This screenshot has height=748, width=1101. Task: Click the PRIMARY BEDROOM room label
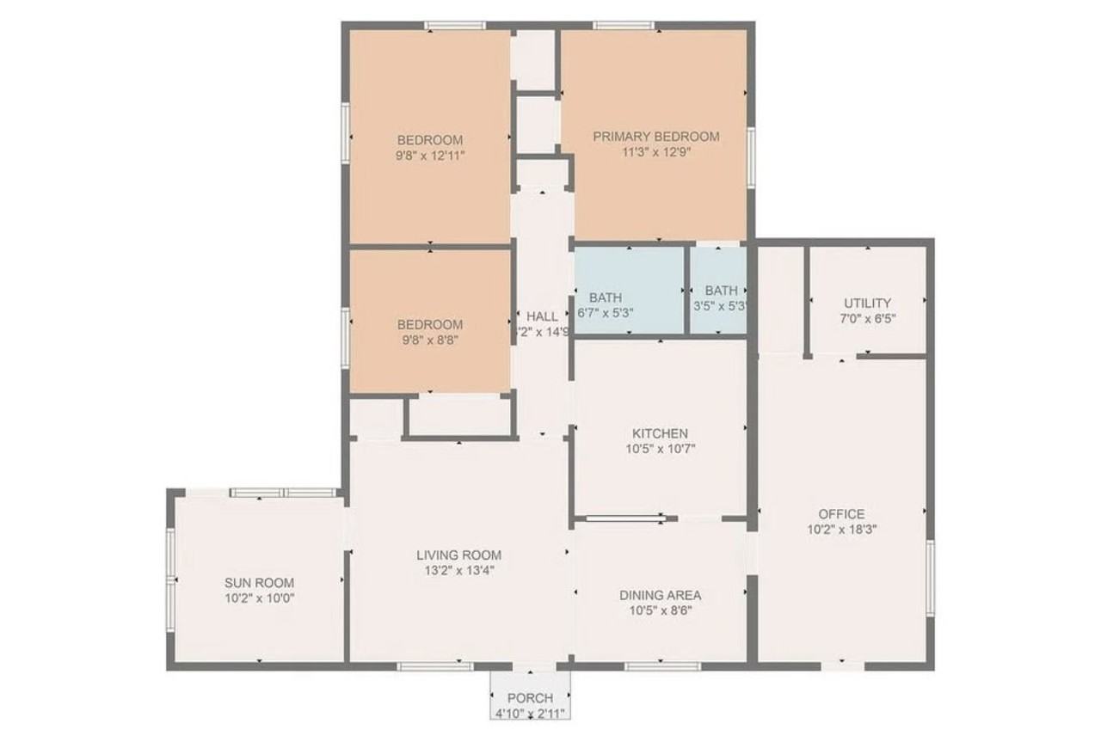click(655, 136)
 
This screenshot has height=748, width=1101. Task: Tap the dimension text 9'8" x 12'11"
click(430, 156)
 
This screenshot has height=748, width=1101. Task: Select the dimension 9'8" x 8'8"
click(430, 340)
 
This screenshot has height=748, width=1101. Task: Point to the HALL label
click(542, 316)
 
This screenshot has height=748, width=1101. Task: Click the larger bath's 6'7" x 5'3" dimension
click(606, 313)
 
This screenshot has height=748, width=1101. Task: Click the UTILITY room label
click(867, 303)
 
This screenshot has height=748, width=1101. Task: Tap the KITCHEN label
click(660, 433)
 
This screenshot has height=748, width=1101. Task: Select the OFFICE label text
click(841, 514)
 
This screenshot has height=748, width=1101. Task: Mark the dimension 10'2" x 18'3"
click(841, 530)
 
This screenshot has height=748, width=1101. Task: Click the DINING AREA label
click(660, 595)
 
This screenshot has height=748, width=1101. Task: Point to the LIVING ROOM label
click(458, 555)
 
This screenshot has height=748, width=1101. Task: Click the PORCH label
click(530, 698)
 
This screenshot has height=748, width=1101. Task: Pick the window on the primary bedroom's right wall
click(751, 156)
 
